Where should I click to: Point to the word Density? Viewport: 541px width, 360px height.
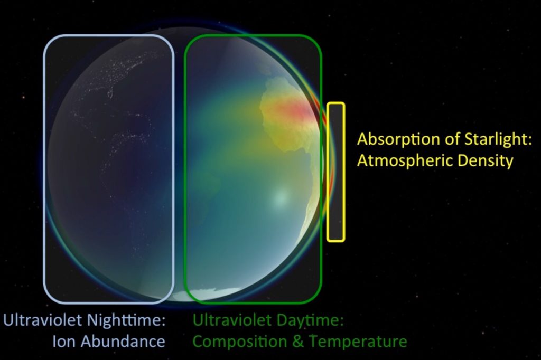tap(486, 161)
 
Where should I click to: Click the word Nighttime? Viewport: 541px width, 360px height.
tap(126, 320)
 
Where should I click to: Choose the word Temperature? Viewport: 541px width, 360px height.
tap(358, 342)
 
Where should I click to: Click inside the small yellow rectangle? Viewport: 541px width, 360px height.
tap(335, 172)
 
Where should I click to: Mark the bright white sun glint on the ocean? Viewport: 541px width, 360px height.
tap(280, 197)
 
